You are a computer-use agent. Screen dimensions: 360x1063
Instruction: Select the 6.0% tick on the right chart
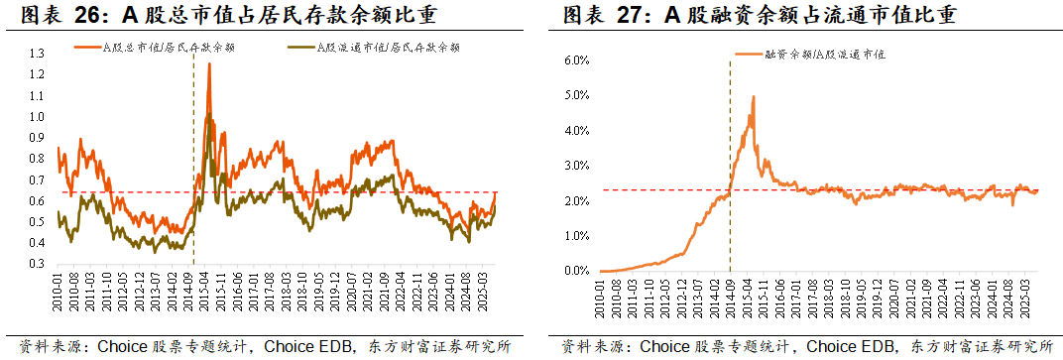(576, 60)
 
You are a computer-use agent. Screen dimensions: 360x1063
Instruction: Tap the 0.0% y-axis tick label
(576, 271)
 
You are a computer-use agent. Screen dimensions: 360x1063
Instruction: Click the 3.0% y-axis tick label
(576, 166)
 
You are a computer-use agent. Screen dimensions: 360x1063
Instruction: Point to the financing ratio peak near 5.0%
(754, 97)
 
